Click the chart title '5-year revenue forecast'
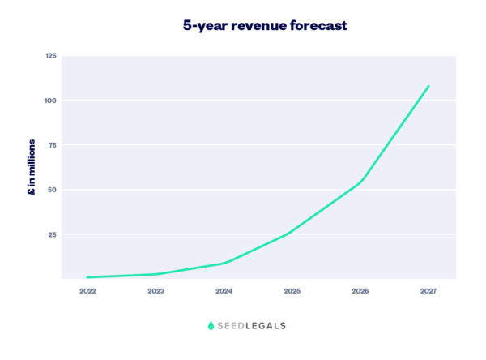tap(266, 26)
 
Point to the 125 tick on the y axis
tap(50, 56)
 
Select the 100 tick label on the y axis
tap(50, 101)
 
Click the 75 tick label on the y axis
tap(52, 145)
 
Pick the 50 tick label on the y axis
tap(52, 190)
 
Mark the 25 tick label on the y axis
tap(52, 234)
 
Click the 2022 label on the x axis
tap(87, 290)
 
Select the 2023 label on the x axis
tap(156, 290)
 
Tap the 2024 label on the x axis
tap(224, 290)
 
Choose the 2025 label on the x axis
tap(292, 290)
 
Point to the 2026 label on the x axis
tap(360, 290)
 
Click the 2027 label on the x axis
tap(428, 290)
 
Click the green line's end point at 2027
tap(428, 86)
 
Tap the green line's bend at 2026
tap(360, 182)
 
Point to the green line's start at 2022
tap(87, 277)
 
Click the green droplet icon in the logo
tap(211, 326)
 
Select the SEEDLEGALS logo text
tap(253, 326)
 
